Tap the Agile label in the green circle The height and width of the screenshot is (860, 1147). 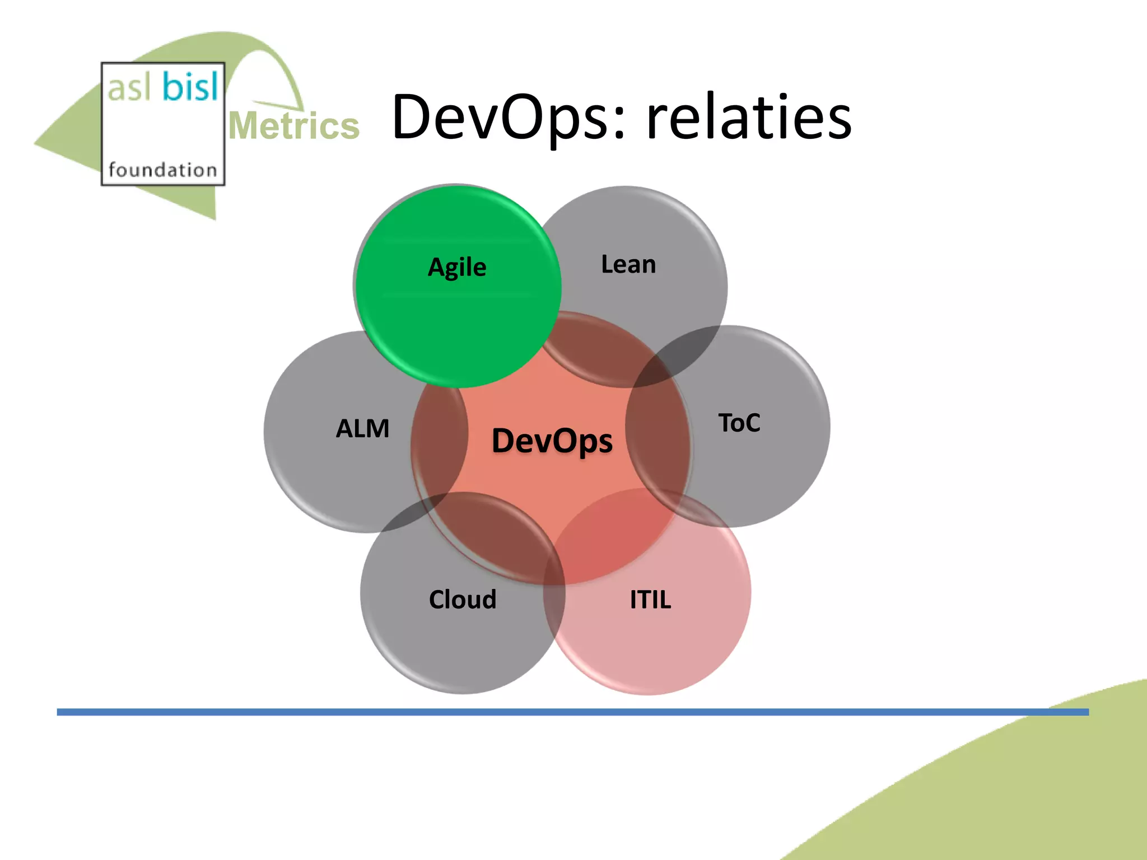click(457, 267)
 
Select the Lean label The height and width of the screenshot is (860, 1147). click(628, 264)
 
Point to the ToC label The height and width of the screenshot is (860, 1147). click(739, 423)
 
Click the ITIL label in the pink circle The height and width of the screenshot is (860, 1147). click(650, 600)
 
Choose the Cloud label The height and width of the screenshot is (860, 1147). click(463, 600)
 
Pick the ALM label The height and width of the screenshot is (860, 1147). click(362, 429)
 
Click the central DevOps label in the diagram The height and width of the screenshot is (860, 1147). click(552, 441)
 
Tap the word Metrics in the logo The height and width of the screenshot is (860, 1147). click(293, 126)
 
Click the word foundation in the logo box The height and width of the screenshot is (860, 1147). click(162, 170)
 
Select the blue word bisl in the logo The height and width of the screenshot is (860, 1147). click(190, 88)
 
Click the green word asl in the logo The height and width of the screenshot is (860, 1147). click(129, 89)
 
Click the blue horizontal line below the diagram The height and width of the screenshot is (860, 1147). click(560, 712)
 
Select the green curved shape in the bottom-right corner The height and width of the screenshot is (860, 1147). click(1036, 795)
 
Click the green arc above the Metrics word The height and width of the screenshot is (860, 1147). click(280, 67)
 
